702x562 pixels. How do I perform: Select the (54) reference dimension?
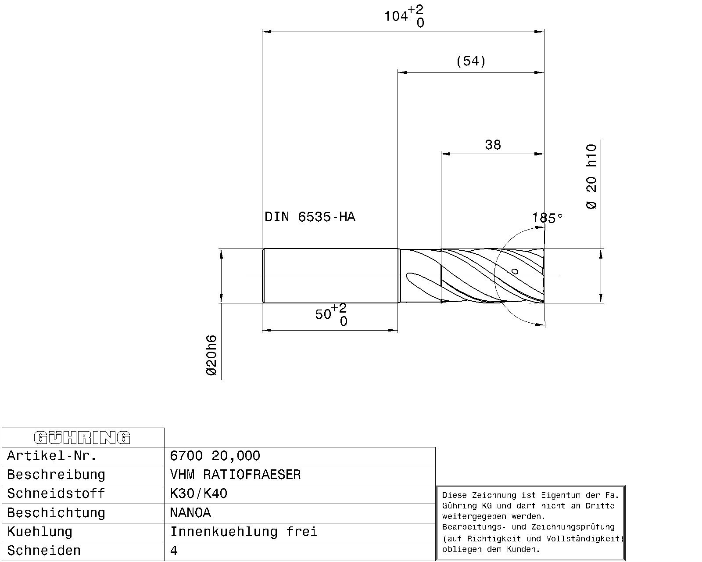(471, 61)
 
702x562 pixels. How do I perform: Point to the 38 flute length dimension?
(493, 144)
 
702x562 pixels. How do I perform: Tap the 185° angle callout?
(548, 217)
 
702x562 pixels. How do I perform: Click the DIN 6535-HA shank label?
(310, 217)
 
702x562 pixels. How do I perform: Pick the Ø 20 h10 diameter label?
(591, 177)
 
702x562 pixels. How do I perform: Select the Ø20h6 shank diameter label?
(211, 355)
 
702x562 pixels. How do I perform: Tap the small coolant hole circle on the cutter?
(515, 271)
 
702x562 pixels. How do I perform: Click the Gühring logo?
(82, 438)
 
